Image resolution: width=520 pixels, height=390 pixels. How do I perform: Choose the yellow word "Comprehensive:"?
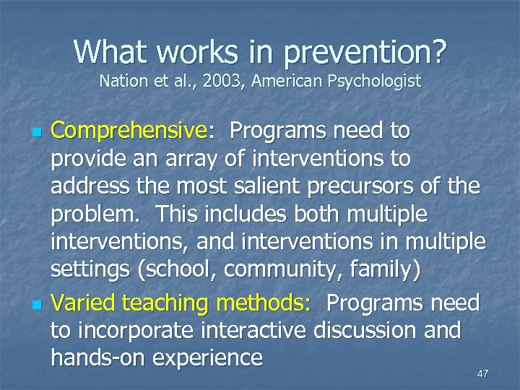pos(135,132)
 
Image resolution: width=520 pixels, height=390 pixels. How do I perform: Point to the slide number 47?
pos(482,373)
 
